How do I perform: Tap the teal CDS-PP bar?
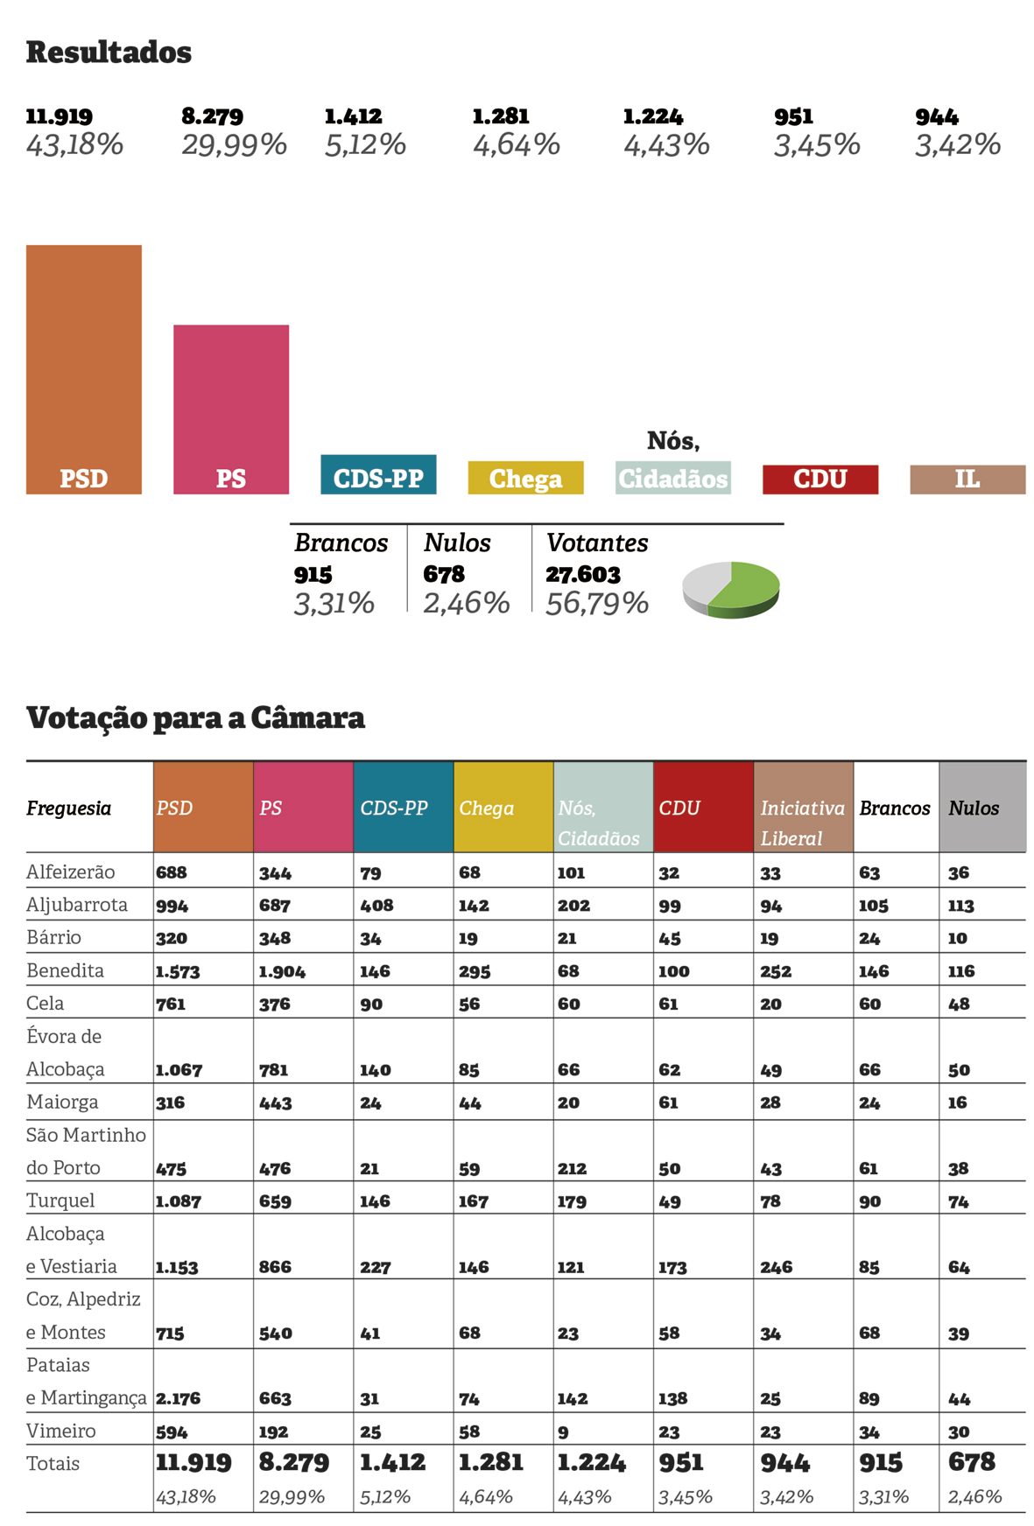click(x=378, y=474)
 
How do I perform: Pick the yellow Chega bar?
click(x=525, y=478)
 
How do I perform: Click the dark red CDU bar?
click(x=819, y=479)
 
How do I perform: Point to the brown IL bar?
click(x=967, y=479)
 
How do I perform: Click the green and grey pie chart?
click(x=731, y=589)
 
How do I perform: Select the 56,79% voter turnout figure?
click(x=597, y=603)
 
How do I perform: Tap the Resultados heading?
click(x=109, y=52)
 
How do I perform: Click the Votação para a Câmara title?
click(x=195, y=717)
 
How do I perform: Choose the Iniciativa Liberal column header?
click(x=802, y=822)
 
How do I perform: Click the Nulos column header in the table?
click(x=974, y=808)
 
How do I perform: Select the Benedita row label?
click(x=65, y=970)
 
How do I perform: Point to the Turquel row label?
click(x=60, y=1200)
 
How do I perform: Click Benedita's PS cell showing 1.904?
click(x=281, y=971)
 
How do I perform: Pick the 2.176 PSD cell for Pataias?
click(x=178, y=1398)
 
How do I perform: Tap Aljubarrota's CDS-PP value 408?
click(x=376, y=906)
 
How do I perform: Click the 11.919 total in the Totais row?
click(x=193, y=1462)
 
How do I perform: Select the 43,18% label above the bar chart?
click(x=74, y=144)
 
